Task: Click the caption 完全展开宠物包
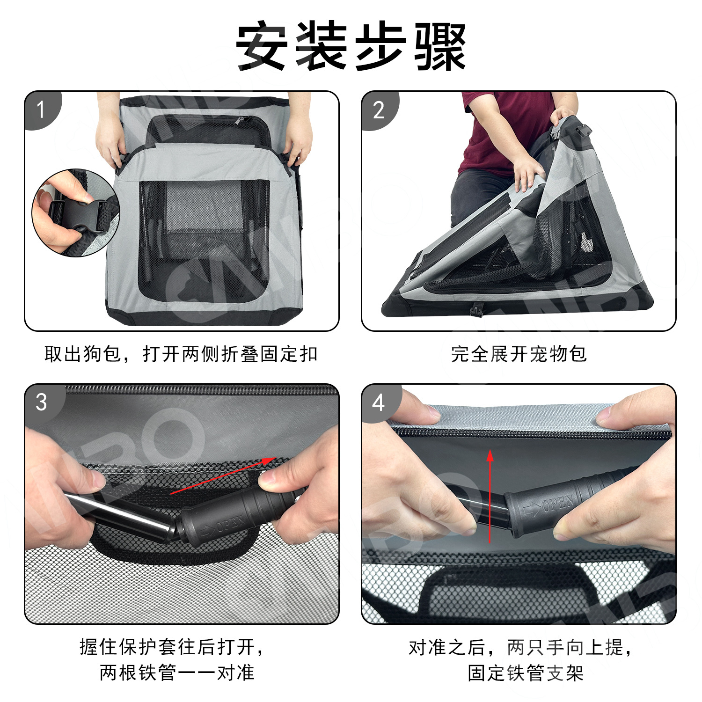519,354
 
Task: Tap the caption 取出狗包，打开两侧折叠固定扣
181,354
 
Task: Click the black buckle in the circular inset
77,216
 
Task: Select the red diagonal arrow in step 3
222,475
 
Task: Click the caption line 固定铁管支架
526,673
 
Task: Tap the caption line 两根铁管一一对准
177,673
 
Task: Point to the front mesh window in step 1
205,239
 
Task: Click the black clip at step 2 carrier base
477,309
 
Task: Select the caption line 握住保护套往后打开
172,647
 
